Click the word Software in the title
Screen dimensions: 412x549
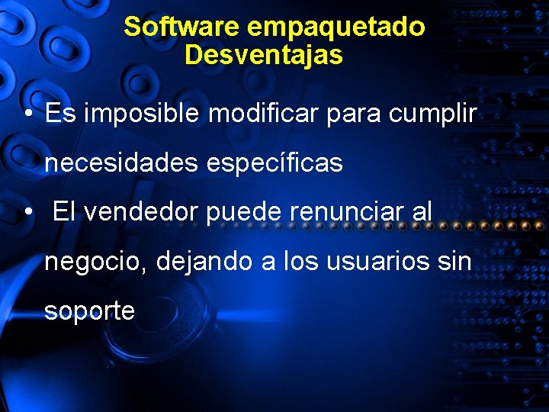coord(182,27)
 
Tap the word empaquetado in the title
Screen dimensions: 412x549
coord(336,27)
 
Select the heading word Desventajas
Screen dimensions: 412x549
coord(263,55)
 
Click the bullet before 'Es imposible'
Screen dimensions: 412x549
coord(27,114)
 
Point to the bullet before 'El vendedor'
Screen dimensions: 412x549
coord(27,212)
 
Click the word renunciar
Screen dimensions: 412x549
coord(346,211)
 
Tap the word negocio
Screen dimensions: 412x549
coord(95,262)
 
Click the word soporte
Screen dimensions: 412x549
coord(89,311)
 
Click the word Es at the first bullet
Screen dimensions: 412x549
coord(60,114)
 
